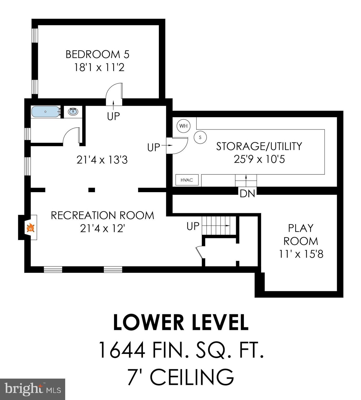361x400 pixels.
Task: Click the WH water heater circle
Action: (183, 126)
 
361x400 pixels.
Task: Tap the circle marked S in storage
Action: (200, 137)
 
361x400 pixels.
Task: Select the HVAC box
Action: (187, 180)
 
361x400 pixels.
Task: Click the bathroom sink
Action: (73, 111)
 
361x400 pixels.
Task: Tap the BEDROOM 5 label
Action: (97, 54)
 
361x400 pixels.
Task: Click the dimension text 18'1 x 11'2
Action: (99, 67)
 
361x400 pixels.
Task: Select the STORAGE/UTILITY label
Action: (259, 146)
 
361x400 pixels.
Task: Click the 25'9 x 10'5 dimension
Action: (259, 159)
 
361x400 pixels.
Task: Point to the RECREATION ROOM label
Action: (102, 215)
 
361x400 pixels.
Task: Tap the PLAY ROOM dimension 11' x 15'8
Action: (301, 254)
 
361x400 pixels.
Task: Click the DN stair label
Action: (247, 193)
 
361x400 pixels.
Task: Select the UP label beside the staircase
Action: (193, 226)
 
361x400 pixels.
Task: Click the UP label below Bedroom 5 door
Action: (113, 116)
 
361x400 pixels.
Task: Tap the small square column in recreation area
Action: (92, 190)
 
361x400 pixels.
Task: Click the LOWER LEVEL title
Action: (180, 323)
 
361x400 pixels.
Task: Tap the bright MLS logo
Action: (32, 389)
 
